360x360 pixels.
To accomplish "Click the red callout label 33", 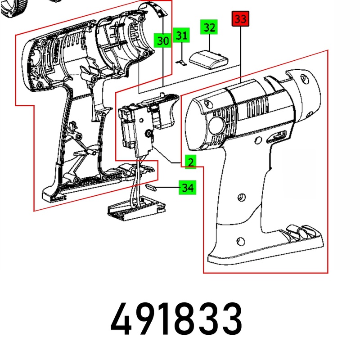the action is pyautogui.click(x=240, y=18).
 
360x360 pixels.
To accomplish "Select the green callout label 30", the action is pyautogui.click(x=163, y=40).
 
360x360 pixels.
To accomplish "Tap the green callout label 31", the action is pyautogui.click(x=181, y=35).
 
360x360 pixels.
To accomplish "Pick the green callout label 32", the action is pyautogui.click(x=209, y=27).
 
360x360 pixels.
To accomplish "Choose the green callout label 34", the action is pyautogui.click(x=188, y=187).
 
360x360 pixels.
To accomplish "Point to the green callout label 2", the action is pyautogui.click(x=190, y=162).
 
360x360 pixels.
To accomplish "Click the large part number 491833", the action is pyautogui.click(x=176, y=319).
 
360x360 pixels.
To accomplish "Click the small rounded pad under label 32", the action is pyautogui.click(x=208, y=60).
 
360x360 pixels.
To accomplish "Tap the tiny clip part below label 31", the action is pyautogui.click(x=182, y=63).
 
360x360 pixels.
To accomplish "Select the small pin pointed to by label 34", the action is pyautogui.click(x=151, y=187).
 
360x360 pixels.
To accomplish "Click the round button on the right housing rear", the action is pyautogui.click(x=216, y=126).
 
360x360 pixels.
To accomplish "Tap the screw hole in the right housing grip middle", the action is pyautogui.click(x=241, y=197).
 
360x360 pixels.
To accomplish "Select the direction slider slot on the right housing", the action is pyautogui.click(x=276, y=136).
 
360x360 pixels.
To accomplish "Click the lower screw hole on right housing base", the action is pyautogui.click(x=240, y=241).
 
